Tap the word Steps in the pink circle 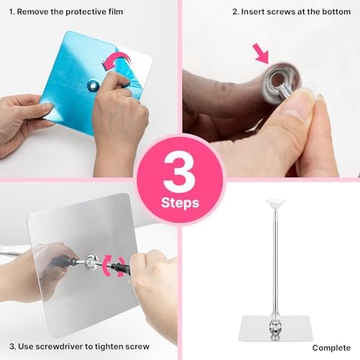pos(180,203)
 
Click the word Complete pos(331,348)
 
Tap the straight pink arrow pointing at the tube pos(261,54)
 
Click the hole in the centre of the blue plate pos(92,85)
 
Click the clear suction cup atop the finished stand pos(275,204)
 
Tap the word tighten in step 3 pos(109,346)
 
